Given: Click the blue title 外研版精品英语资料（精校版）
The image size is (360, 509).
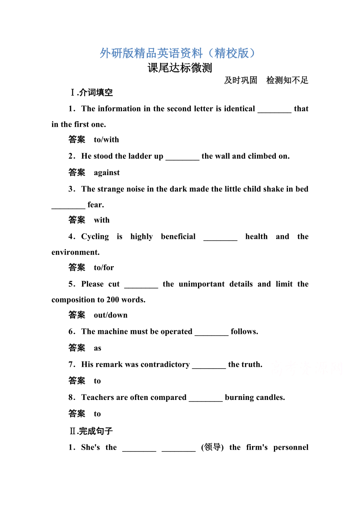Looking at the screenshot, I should click(180, 53).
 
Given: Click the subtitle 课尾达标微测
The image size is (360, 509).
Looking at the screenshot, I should click(180, 68).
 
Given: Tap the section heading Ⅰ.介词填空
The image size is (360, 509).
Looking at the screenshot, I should click(91, 93).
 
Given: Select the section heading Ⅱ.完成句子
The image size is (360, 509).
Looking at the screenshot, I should click(91, 431).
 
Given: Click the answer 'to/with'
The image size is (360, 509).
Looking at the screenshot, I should click(106, 140).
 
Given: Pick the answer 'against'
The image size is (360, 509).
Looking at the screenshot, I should click(107, 172).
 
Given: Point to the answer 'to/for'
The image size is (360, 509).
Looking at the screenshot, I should click(104, 267).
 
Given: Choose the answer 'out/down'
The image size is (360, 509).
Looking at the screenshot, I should click(111, 315).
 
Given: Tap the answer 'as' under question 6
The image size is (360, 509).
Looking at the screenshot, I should click(97, 348).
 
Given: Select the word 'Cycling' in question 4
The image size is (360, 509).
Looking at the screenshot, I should click(95, 237).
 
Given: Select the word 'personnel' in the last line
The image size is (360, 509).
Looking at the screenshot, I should click(291, 447).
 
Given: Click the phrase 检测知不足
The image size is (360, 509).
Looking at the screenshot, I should click(287, 81).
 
